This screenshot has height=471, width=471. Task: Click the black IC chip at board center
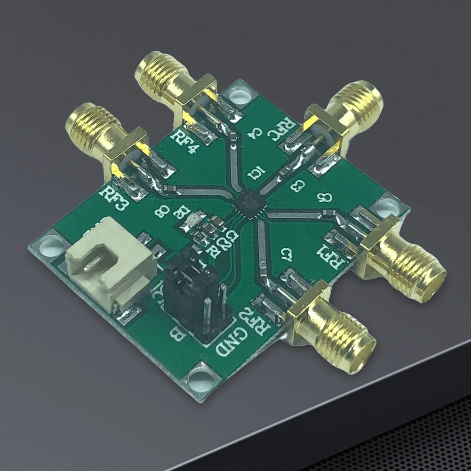(x=247, y=203)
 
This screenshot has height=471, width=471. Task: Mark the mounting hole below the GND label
(x=200, y=376)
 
